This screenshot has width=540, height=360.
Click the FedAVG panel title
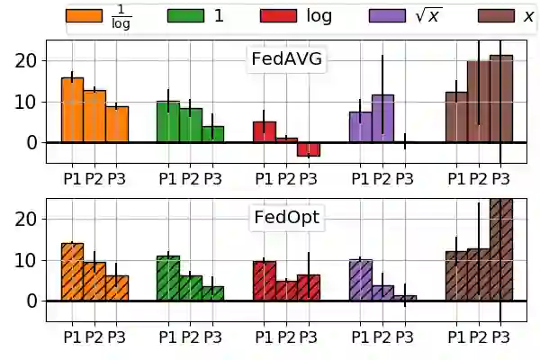pyautogui.click(x=286, y=59)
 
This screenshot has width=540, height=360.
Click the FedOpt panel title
pyautogui.click(x=286, y=218)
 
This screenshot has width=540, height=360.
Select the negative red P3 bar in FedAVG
pyautogui.click(x=309, y=149)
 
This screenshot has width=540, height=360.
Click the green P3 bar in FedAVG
pyautogui.click(x=212, y=134)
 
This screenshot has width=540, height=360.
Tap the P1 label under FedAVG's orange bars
pyautogui.click(x=72, y=178)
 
